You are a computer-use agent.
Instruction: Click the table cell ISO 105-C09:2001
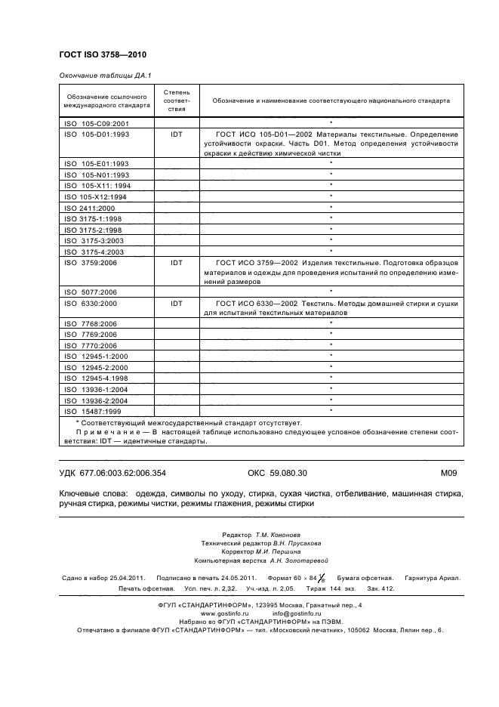(98, 122)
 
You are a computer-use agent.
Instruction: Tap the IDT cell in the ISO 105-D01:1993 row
(177, 133)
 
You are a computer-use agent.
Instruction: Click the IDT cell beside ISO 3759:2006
(177, 262)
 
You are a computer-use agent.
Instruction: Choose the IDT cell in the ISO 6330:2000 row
(177, 303)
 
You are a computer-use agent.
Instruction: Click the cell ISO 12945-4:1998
(100, 377)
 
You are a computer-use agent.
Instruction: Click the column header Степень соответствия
(177, 100)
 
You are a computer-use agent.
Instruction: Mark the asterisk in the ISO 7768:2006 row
(331, 323)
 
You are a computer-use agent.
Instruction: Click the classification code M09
(449, 473)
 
